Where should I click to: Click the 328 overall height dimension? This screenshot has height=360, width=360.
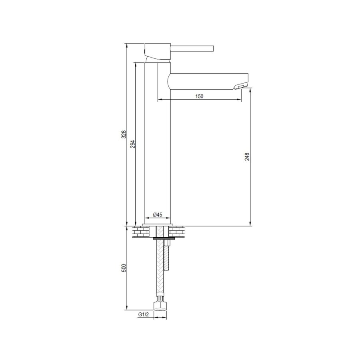pyautogui.click(x=124, y=134)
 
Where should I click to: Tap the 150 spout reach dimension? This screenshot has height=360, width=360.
pyautogui.click(x=200, y=96)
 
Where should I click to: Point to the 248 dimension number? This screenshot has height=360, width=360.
pyautogui.click(x=247, y=156)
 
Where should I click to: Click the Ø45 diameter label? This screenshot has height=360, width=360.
pyautogui.click(x=158, y=215)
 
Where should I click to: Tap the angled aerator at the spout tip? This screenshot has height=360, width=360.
pyautogui.click(x=241, y=85)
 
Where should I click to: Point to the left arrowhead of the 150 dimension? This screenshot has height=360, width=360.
pyautogui.click(x=159, y=99)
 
